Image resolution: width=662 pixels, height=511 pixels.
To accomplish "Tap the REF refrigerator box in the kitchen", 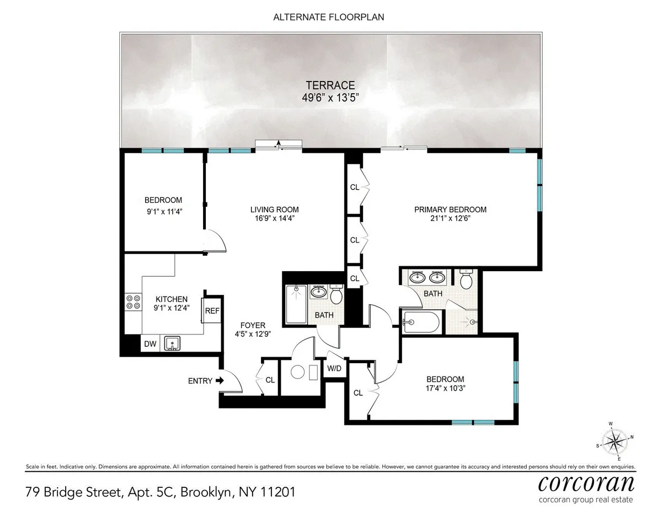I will (212, 311).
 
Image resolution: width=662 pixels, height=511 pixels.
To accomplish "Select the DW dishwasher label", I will (150, 345).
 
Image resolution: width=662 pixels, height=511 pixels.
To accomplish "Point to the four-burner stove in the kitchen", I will (133, 302).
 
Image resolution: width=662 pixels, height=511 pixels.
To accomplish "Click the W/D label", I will (334, 368).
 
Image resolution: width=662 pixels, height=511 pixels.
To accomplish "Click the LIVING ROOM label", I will (274, 209).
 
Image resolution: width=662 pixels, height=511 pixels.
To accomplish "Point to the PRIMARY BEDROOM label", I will (450, 209).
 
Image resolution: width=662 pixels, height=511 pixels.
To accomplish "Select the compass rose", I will (613, 441).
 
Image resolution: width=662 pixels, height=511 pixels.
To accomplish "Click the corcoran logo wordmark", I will (586, 483).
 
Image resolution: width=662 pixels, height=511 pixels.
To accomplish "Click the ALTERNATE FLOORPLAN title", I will (329, 17).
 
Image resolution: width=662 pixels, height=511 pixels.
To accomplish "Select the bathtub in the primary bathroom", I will (420, 322).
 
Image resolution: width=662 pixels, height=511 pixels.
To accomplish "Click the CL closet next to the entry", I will (270, 380).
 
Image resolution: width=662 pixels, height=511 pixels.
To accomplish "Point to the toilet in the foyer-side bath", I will (336, 295).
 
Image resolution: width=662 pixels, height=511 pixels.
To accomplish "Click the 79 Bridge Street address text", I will (160, 492).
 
